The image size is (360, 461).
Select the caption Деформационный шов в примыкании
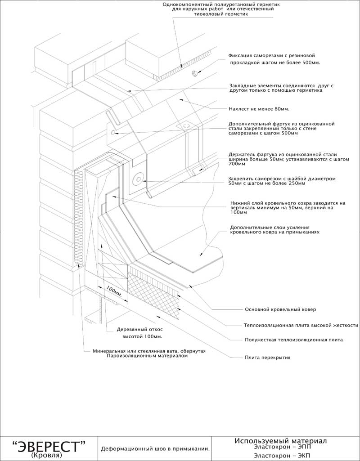click(156, 448)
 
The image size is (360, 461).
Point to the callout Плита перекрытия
click(267, 358)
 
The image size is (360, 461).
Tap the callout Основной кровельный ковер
click(280, 309)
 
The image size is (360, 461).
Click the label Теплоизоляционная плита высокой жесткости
click(301, 325)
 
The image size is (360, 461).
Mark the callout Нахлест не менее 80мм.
click(259, 109)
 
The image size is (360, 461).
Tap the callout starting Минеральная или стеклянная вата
click(149, 353)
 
